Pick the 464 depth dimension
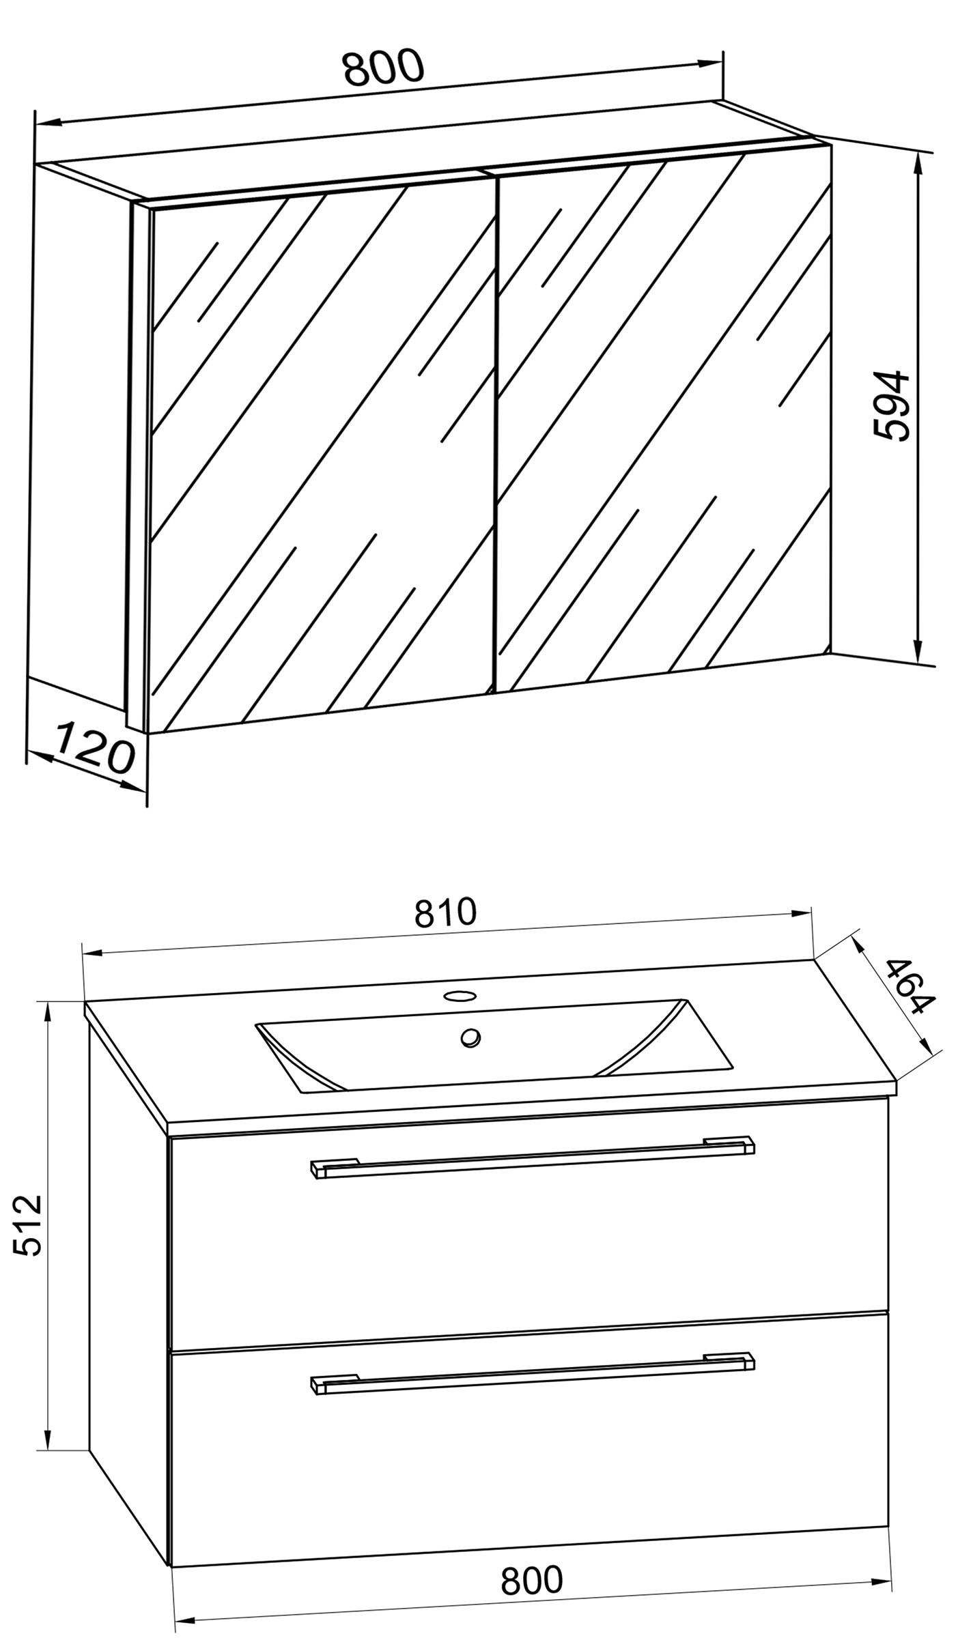(x=909, y=986)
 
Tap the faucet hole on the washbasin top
(x=459, y=994)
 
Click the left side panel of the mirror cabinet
(x=81, y=437)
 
